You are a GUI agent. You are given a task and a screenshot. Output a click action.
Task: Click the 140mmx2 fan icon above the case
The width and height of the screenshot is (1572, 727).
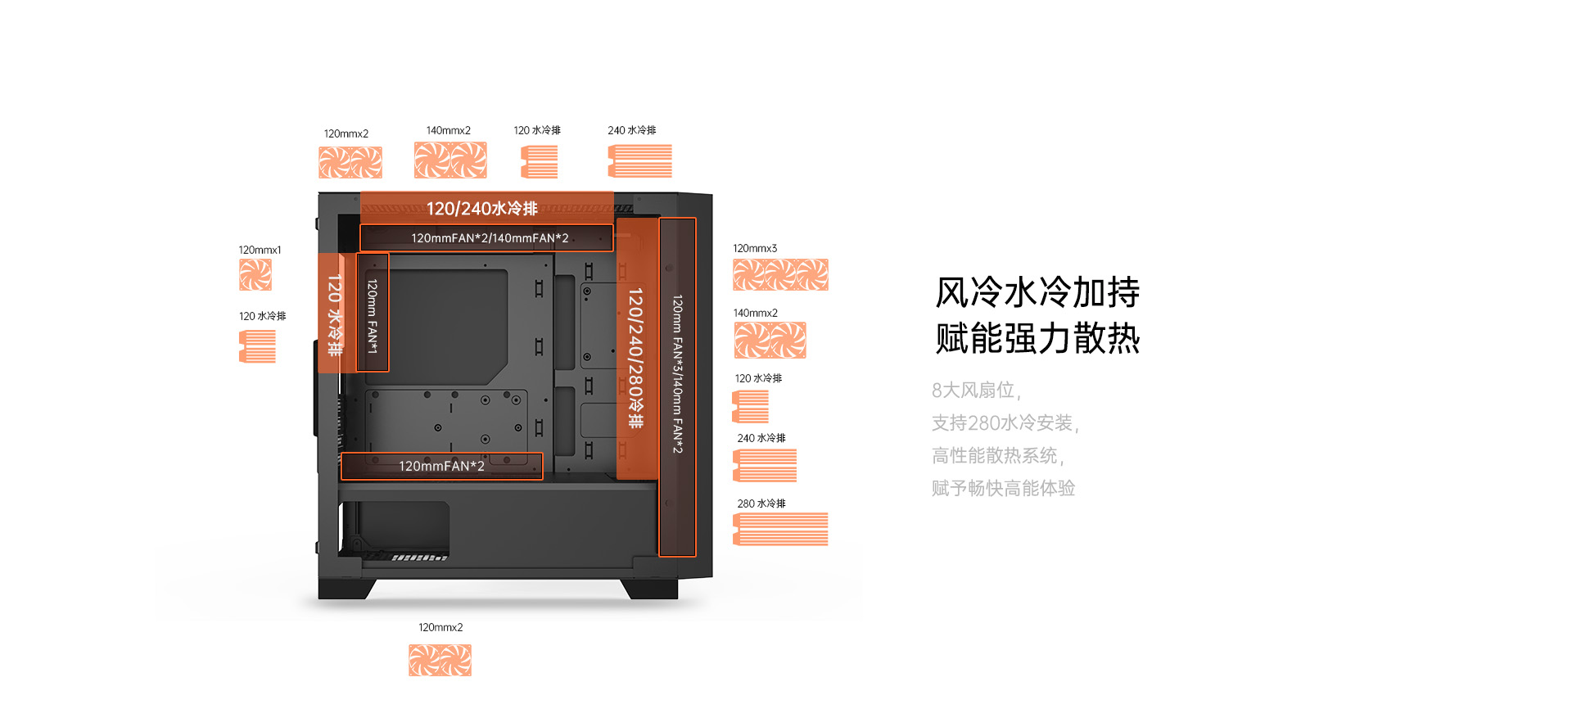(450, 160)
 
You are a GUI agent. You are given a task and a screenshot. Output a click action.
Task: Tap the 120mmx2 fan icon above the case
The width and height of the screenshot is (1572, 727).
(350, 162)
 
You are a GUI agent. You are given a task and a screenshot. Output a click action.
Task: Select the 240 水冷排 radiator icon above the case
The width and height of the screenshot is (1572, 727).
(639, 160)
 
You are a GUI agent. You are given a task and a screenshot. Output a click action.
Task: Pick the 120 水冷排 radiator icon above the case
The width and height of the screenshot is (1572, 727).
(539, 161)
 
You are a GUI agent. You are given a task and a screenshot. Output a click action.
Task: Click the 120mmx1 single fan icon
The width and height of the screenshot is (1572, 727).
(255, 275)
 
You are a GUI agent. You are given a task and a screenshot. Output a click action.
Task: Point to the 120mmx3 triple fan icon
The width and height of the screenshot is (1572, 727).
(780, 275)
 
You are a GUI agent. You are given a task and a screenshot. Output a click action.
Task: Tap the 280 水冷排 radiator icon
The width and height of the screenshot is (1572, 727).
(780, 529)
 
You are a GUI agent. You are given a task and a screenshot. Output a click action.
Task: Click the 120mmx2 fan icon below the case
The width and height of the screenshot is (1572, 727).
(440, 661)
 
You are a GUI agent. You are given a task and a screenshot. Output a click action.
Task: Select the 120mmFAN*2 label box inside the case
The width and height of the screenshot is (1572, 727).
(442, 466)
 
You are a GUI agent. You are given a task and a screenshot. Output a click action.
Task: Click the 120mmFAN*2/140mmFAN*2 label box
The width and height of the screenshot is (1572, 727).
(486, 238)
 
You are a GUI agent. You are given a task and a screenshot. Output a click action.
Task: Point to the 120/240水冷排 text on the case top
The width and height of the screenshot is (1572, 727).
(481, 209)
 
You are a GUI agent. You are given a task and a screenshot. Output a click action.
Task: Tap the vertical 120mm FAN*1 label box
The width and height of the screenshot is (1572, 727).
(373, 313)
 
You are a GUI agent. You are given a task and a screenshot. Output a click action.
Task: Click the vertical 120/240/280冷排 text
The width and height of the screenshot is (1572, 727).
(635, 358)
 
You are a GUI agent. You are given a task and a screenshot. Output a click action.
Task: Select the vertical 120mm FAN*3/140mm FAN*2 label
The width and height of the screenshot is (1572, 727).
(677, 374)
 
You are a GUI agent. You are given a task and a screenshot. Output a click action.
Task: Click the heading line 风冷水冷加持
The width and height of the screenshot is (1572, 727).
(1037, 292)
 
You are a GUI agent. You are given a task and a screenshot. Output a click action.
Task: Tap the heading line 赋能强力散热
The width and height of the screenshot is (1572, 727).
(1037, 338)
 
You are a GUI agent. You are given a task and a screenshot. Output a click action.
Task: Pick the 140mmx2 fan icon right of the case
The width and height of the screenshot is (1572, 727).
(770, 341)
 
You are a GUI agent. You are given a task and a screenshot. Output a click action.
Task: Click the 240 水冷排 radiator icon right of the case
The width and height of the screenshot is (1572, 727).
(765, 466)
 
